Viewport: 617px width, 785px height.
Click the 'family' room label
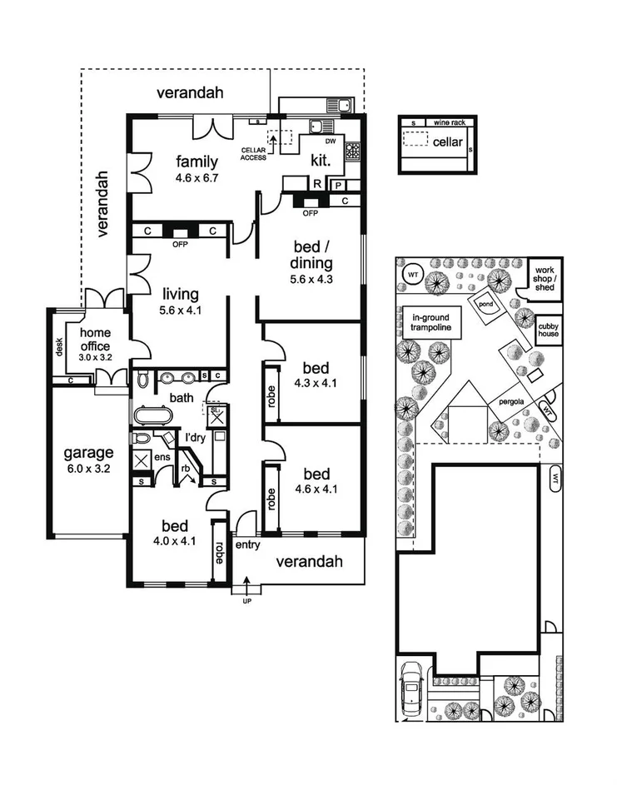coord(197,161)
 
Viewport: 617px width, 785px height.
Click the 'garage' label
coord(89,454)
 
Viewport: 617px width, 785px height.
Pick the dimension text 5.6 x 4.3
coord(311,280)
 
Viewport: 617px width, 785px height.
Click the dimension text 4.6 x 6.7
coord(197,177)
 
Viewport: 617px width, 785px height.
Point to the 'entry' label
coord(248,546)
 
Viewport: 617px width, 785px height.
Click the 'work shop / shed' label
coord(545,278)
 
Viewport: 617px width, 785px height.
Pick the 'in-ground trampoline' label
coord(431,322)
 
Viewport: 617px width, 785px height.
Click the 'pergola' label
coord(511,400)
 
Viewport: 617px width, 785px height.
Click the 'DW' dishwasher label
coord(331,142)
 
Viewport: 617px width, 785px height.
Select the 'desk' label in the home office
coord(59,346)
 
